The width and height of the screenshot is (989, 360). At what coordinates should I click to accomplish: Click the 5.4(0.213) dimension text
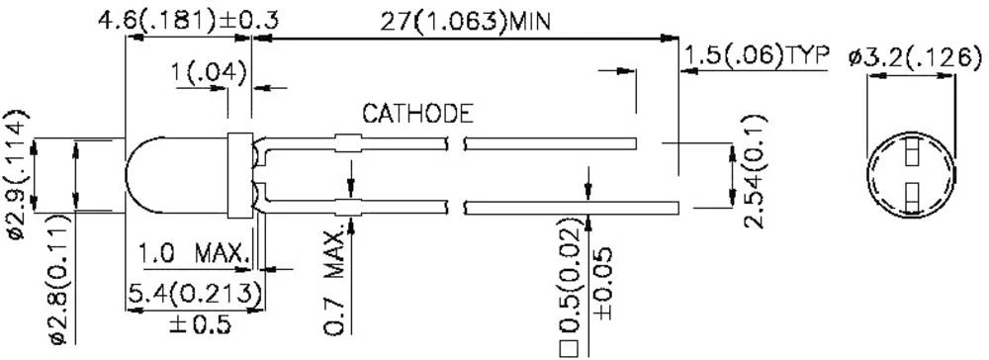pos(195,294)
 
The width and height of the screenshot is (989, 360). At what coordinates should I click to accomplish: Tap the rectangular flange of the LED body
pos(237,175)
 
